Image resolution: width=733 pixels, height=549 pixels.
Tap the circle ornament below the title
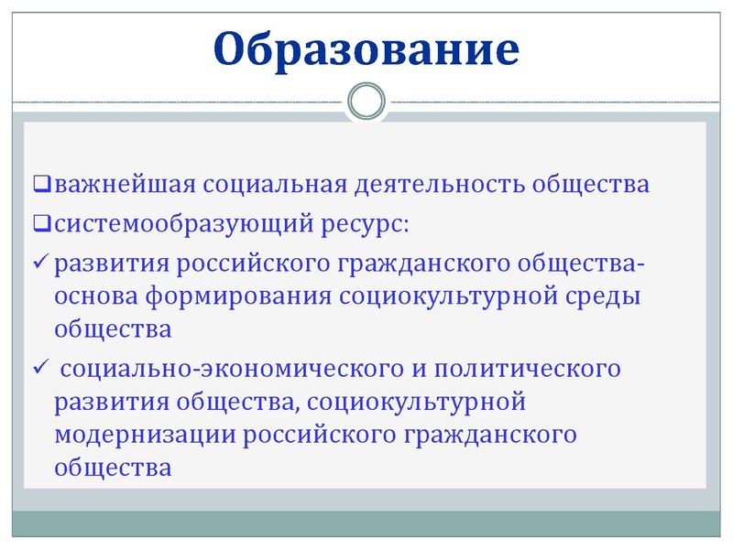(x=366, y=100)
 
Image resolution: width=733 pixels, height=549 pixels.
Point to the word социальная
(x=274, y=184)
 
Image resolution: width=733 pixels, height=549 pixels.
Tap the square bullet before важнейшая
(x=42, y=185)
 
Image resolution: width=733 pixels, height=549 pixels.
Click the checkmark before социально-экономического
(x=41, y=368)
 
